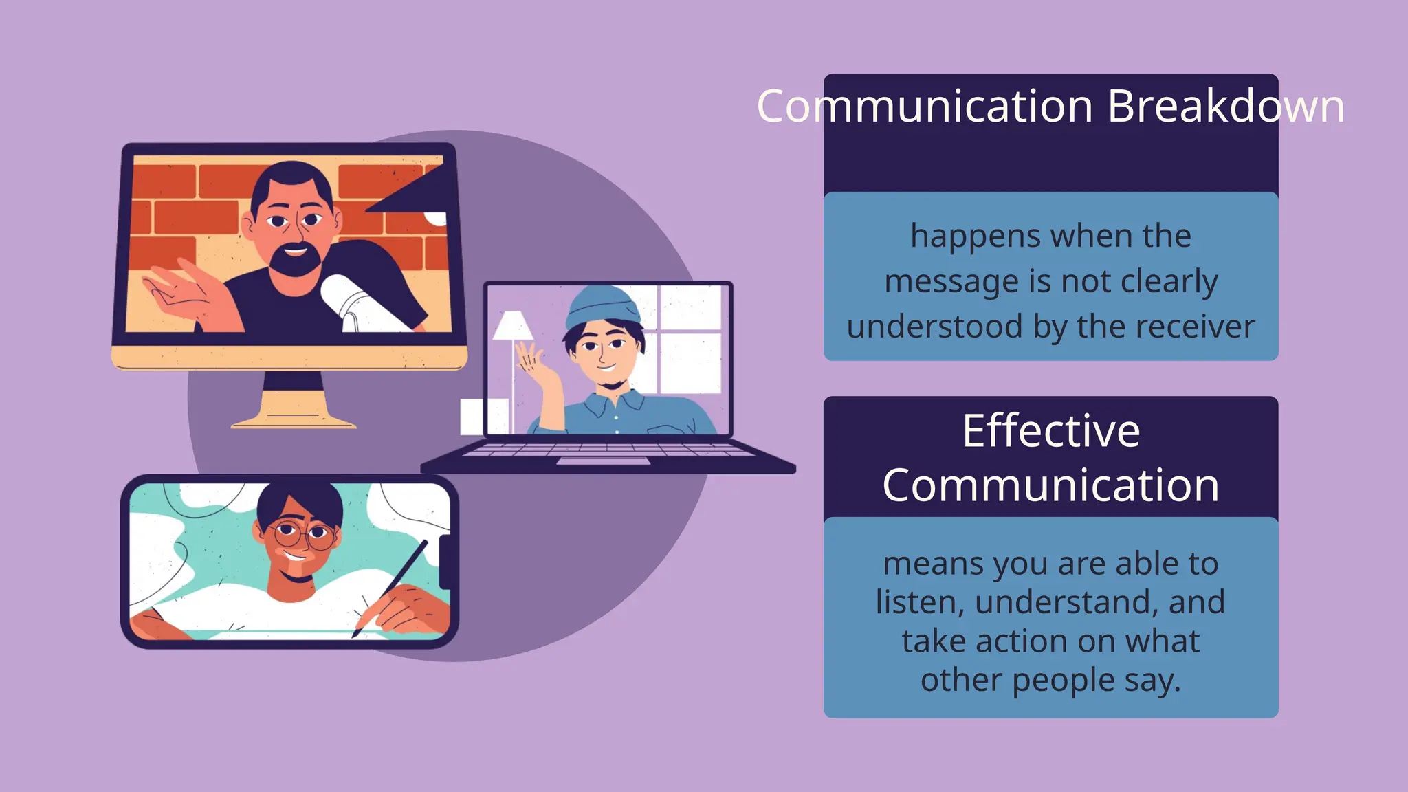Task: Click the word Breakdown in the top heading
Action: click(1226, 107)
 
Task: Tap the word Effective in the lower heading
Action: click(1051, 431)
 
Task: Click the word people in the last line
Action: click(1064, 681)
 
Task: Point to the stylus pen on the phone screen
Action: click(392, 584)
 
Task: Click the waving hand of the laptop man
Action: click(531, 358)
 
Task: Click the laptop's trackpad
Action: click(603, 461)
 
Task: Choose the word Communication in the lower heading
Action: click(1051, 485)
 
